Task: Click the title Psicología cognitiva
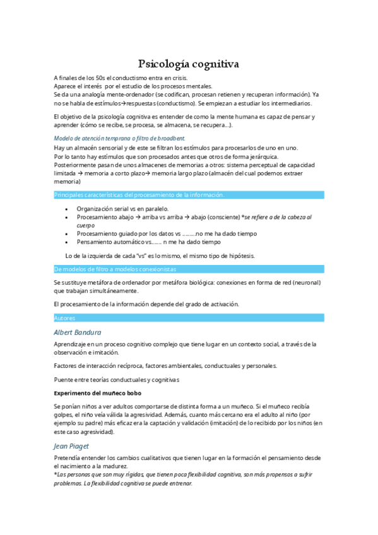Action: pos(189,64)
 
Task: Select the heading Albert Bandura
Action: pos(78,332)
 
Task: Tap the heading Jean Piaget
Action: pos(71,445)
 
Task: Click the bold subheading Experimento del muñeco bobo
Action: pos(97,392)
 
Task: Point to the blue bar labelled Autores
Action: pos(64,318)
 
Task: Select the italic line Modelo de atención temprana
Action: pos(119,138)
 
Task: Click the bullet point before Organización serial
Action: pos(68,208)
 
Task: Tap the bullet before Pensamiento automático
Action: pos(68,242)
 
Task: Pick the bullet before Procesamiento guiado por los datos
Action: pos(68,233)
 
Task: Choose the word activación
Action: pos(222,303)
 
